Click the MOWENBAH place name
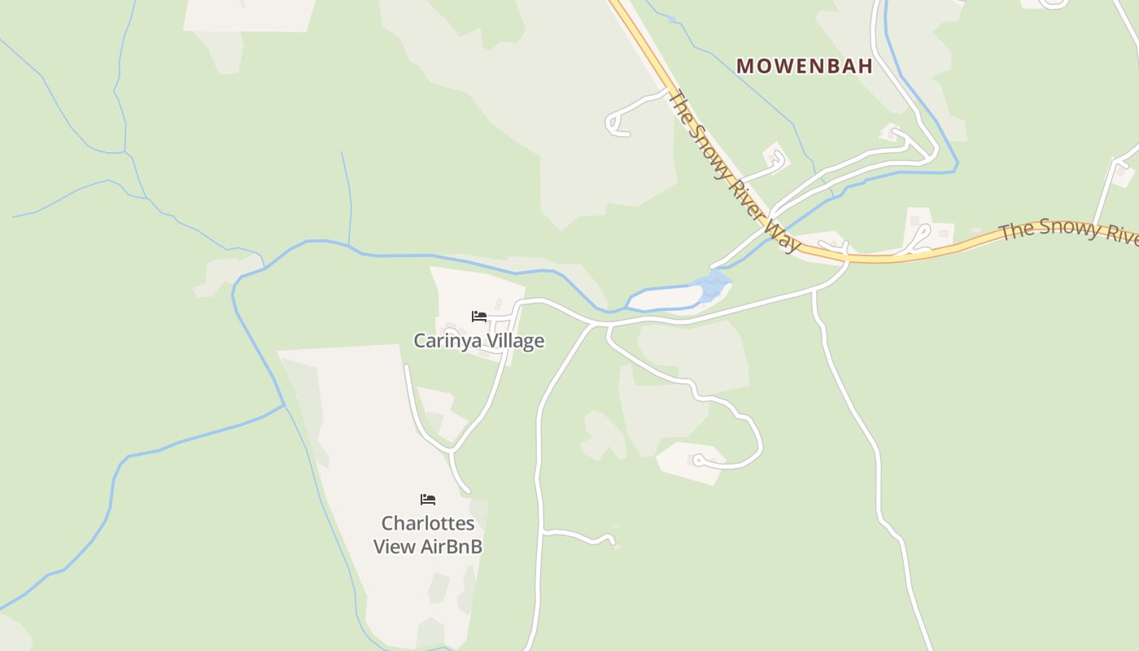tap(805, 66)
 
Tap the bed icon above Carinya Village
tap(479, 316)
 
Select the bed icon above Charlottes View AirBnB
tap(428, 499)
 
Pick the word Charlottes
tap(428, 523)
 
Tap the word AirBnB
tap(452, 547)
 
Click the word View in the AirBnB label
tap(395, 547)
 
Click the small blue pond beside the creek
tap(713, 286)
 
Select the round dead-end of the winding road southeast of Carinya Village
tap(698, 461)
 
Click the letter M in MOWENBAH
tap(744, 66)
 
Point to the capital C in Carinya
tap(421, 341)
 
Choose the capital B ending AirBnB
tap(475, 547)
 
